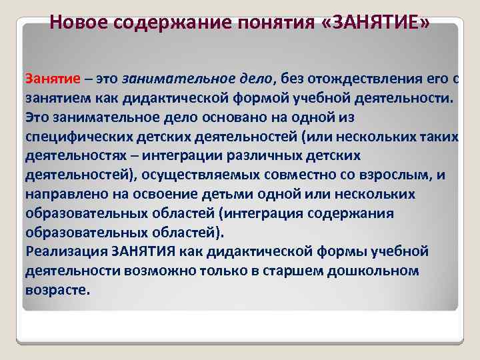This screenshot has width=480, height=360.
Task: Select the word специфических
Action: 78,137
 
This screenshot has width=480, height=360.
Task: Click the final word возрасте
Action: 57,291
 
